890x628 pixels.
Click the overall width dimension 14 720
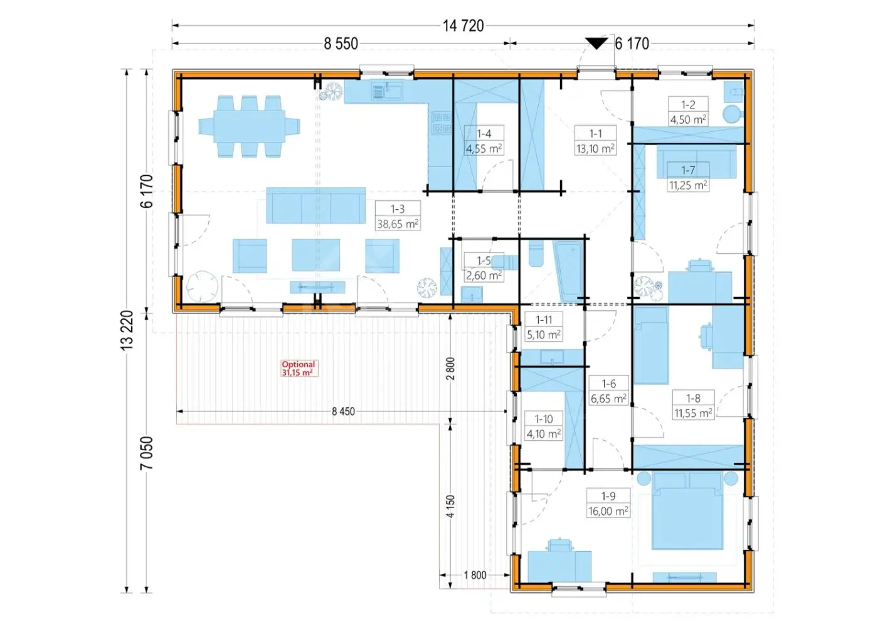(x=464, y=26)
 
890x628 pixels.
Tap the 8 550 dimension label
(x=341, y=44)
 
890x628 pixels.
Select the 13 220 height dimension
(x=127, y=330)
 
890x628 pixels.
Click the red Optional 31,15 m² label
(x=298, y=368)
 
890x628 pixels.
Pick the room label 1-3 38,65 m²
(x=398, y=216)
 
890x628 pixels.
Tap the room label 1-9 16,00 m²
(x=608, y=504)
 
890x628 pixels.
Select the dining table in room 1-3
(x=249, y=126)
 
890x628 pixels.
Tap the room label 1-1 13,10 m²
(x=596, y=141)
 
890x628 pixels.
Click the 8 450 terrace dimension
(x=343, y=411)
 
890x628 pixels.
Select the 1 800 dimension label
(x=475, y=575)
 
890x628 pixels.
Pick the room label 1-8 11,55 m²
(x=693, y=405)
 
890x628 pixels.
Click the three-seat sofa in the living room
(x=316, y=205)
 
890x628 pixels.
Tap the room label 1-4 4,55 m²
(x=484, y=141)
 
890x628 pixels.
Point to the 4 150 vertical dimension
(x=450, y=506)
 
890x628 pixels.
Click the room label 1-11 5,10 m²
(x=544, y=327)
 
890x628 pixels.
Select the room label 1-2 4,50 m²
(x=688, y=112)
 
